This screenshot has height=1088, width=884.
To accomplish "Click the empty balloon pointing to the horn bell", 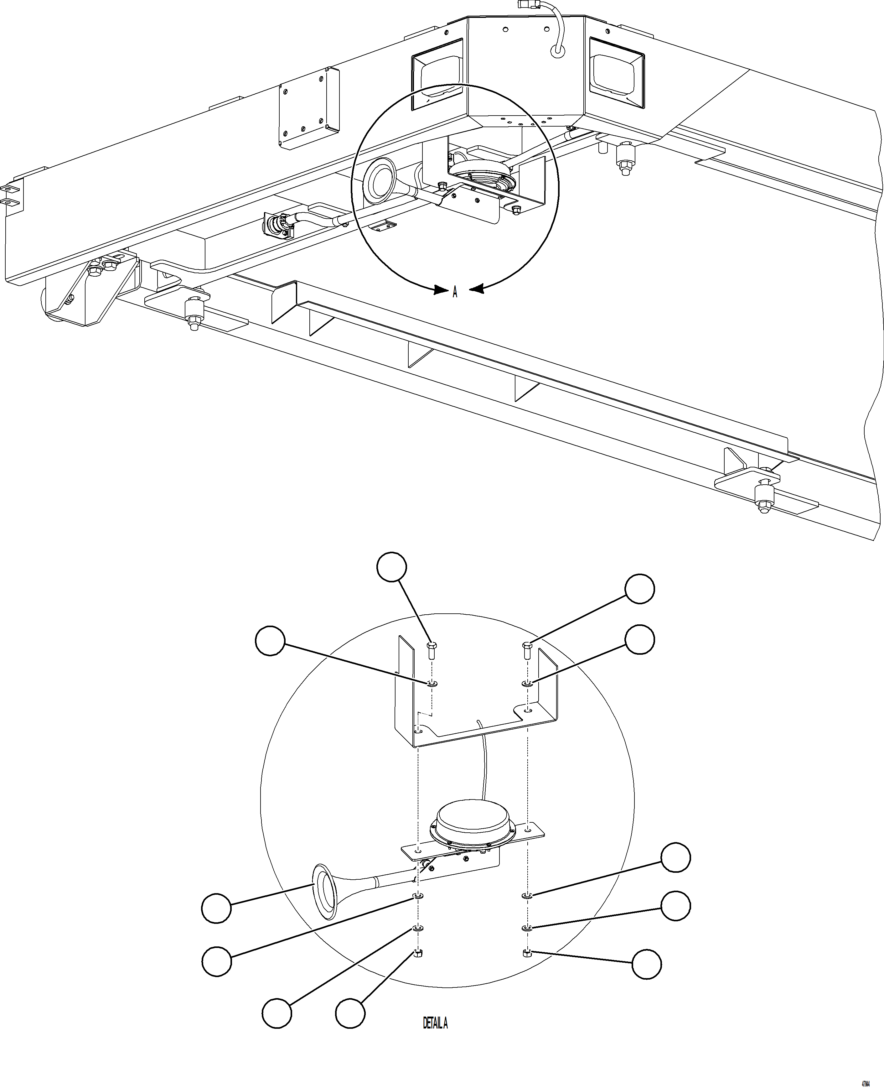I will (x=216, y=908).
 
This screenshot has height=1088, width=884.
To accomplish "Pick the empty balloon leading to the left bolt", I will (x=392, y=567).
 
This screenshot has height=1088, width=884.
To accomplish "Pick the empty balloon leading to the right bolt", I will (x=639, y=589).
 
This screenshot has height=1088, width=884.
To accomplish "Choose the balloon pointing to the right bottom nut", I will (x=646, y=964).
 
